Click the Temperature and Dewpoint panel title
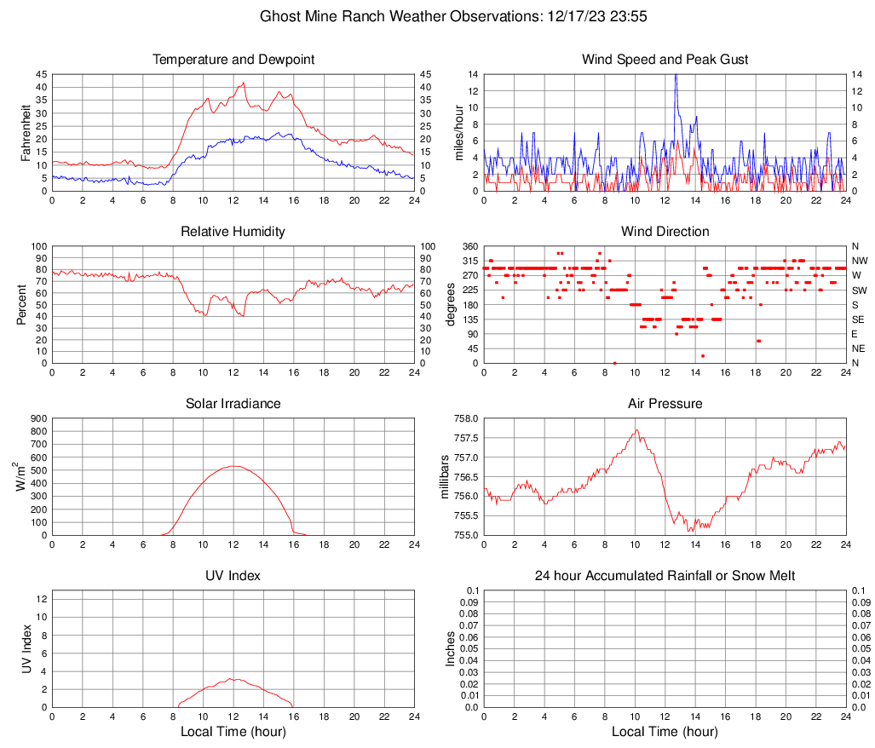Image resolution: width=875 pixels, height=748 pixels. click(233, 60)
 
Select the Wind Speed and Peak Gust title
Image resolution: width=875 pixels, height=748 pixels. click(665, 60)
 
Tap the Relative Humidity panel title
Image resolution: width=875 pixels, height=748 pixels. click(233, 232)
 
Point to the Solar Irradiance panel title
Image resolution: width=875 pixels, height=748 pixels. click(233, 404)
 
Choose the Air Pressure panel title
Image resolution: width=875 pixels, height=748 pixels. click(665, 404)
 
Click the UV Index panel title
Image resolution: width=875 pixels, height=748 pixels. click(233, 576)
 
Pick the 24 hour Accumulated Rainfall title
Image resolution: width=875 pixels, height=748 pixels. click(665, 576)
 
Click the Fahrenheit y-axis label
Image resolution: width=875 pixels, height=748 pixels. click(25, 132)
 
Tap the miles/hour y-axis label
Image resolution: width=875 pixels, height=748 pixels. click(459, 132)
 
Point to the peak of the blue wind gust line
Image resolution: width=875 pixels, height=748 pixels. click(676, 75)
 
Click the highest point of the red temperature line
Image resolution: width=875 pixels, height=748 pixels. click(244, 83)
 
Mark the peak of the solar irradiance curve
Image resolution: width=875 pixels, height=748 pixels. click(233, 466)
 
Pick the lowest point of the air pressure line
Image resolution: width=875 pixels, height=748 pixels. click(689, 531)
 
